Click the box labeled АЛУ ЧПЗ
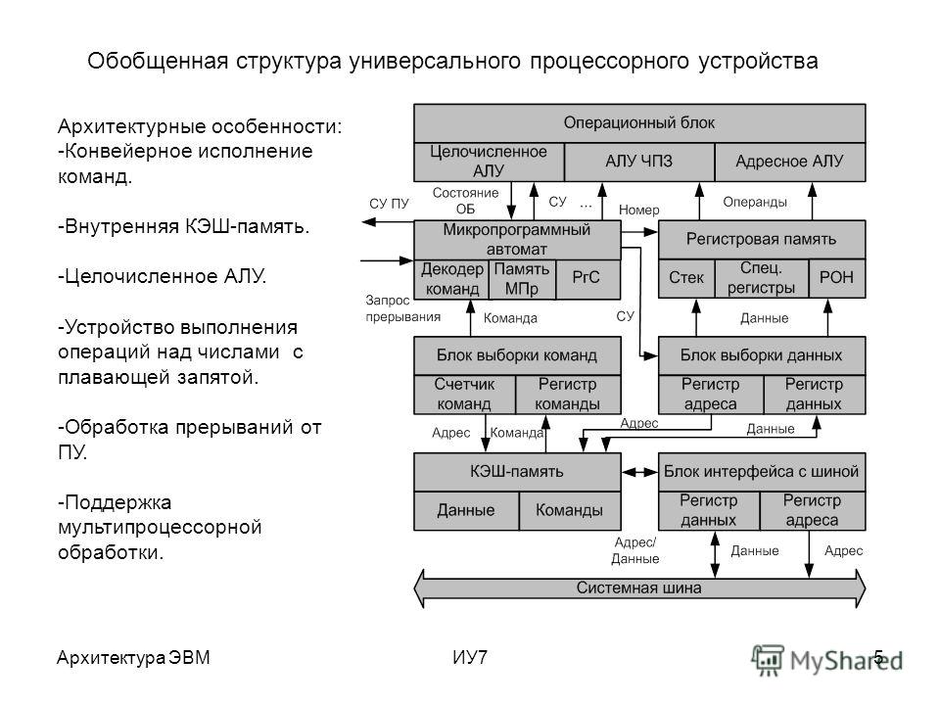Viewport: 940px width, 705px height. pos(639,162)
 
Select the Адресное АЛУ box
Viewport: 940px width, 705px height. pos(790,162)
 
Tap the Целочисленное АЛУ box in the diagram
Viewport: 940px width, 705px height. pos(489,162)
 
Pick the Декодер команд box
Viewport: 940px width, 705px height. pos(451,279)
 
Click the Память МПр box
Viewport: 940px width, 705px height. pos(522,279)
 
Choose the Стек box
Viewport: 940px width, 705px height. pos(686,278)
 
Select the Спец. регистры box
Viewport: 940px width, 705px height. pos(762,278)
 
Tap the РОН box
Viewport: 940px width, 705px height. pos(837,278)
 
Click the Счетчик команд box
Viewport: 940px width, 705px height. pos(464,395)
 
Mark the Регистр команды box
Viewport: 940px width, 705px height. pos(568,395)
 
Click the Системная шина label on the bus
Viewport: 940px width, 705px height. pos(639,587)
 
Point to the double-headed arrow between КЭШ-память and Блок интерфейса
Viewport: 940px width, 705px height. pos(639,472)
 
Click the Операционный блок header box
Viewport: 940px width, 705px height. pos(639,123)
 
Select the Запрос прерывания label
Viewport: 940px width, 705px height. pos(402,308)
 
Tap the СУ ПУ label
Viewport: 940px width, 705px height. pos(389,204)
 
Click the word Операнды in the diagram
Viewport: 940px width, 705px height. pos(755,202)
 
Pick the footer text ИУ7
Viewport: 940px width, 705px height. pos(470,658)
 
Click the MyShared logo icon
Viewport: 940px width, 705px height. pos(768,660)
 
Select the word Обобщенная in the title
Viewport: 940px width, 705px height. pos(158,61)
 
